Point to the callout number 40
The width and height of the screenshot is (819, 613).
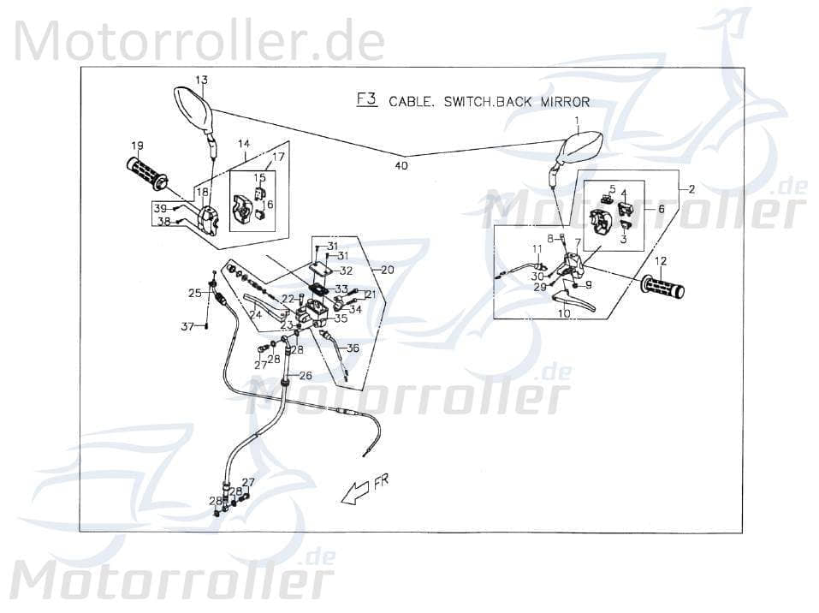click(x=402, y=165)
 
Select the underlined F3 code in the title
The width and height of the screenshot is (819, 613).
click(x=366, y=99)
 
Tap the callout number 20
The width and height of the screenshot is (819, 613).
click(x=388, y=270)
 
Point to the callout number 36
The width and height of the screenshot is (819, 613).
click(x=353, y=348)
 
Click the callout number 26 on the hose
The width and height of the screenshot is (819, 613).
click(x=305, y=374)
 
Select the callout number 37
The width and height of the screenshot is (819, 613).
click(x=187, y=325)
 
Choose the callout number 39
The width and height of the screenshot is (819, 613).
click(x=160, y=208)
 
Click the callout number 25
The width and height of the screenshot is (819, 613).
click(x=195, y=293)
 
